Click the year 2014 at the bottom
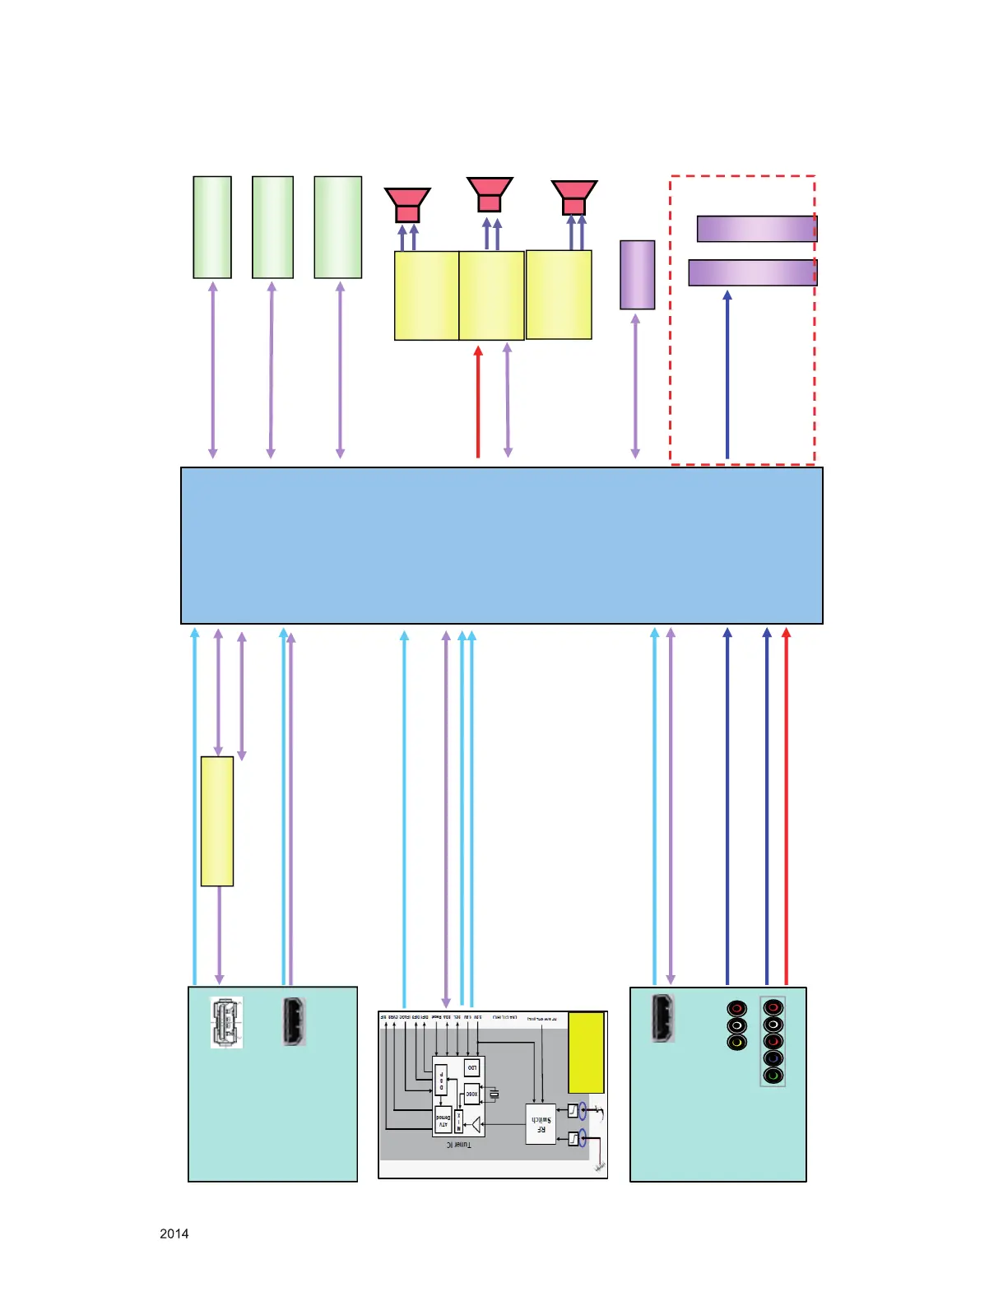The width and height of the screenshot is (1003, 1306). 174,1234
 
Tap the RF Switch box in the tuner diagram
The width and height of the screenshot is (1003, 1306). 541,1124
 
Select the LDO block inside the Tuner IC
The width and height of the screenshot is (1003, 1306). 471,1068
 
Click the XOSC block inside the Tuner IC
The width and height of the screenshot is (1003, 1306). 471,1094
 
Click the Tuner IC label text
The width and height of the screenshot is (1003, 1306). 459,1145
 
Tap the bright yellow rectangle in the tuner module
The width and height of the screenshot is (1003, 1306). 586,1053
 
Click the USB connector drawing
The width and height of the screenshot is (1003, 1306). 226,1022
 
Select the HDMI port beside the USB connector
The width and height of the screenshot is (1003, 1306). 294,1021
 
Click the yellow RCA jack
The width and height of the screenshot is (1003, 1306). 736,1043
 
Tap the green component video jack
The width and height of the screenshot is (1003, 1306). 773,1075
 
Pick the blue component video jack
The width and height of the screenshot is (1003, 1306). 773,1058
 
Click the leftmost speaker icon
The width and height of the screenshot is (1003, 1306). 407,204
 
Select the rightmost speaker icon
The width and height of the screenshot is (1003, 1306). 573,198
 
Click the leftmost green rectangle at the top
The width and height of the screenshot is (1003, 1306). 212,227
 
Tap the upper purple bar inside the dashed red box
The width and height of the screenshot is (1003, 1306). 756,229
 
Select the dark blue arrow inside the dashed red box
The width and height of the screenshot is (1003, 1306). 727,374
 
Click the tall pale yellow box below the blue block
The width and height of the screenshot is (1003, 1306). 217,821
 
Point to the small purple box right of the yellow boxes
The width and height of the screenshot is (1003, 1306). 637,275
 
